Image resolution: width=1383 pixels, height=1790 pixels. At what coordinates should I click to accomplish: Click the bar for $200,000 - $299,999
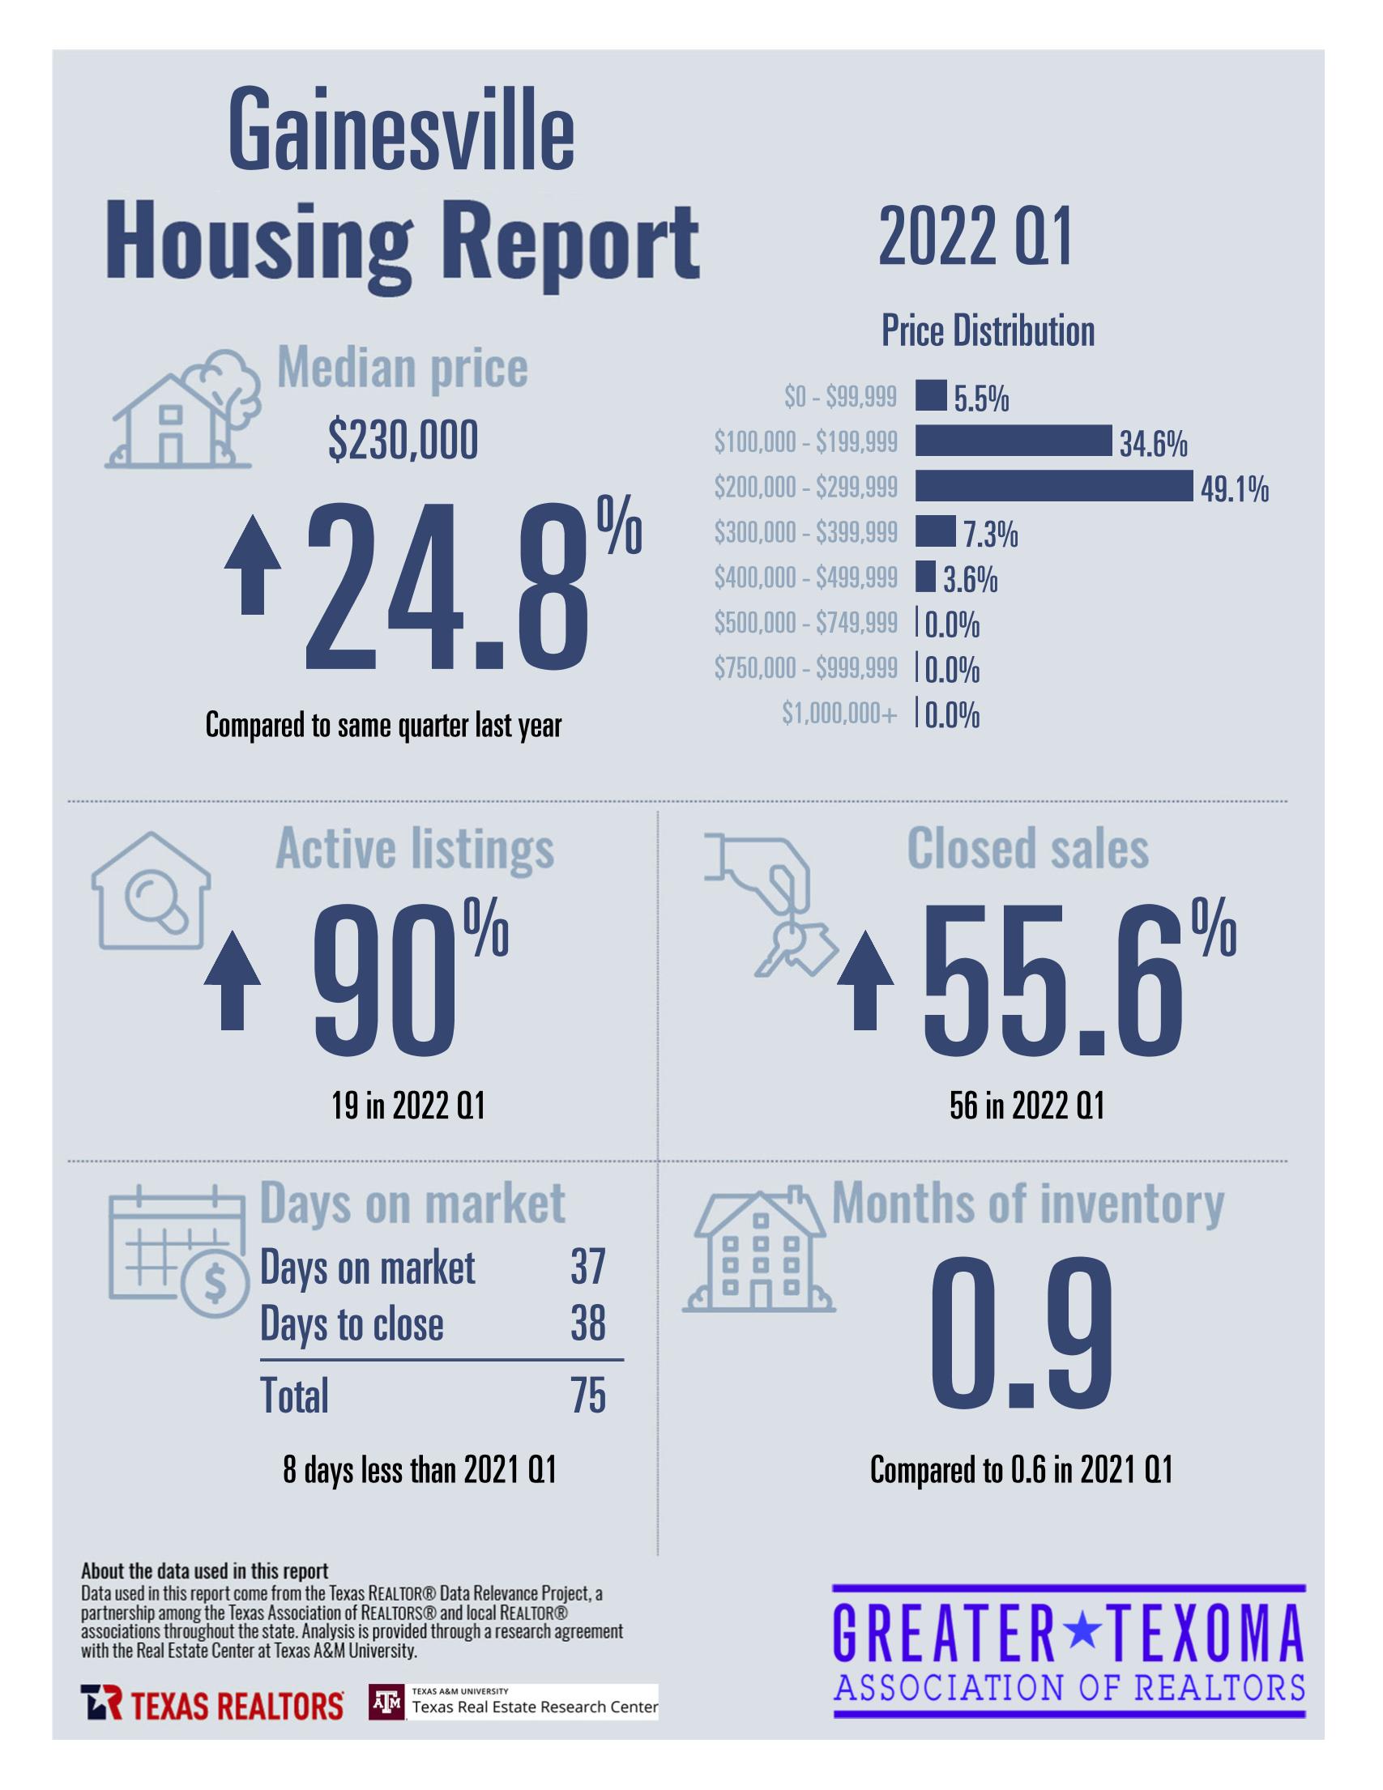pos(1053,486)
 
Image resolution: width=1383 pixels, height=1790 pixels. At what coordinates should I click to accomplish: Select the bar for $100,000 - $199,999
pos(1014,441)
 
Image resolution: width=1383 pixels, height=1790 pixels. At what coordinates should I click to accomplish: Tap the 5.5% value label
pos(981,399)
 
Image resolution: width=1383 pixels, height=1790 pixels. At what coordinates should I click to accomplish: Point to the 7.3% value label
pos(990,535)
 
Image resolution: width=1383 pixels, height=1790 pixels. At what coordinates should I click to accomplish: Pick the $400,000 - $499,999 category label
pos(805,578)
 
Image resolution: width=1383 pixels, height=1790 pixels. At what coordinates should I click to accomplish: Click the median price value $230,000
pos(403,441)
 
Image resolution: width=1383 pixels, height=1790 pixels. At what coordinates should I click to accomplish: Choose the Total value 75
pos(588,1395)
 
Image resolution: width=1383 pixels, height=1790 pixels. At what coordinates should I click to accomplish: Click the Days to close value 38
pos(588,1323)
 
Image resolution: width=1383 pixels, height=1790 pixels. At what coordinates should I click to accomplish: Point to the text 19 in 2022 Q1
pos(408,1106)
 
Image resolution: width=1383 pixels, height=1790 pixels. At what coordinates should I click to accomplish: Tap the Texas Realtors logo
pos(211,1706)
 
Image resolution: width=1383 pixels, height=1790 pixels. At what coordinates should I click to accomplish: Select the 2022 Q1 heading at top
pos(975,237)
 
